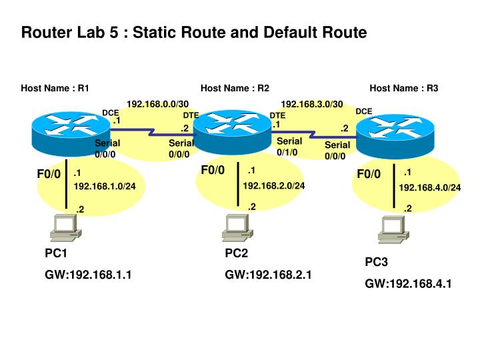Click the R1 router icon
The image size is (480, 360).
71,134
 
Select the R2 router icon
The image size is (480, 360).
233,132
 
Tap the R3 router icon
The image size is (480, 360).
395,137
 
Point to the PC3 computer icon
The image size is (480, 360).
394,229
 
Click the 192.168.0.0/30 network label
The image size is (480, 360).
157,104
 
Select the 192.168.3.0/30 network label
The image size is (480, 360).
312,104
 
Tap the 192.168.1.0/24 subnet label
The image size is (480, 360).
105,186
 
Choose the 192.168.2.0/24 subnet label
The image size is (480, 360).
274,185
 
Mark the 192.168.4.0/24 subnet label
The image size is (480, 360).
430,187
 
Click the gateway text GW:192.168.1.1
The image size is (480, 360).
88,275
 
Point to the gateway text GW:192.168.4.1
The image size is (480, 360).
409,284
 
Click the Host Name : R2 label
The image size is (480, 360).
235,88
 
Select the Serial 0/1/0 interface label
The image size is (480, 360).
289,147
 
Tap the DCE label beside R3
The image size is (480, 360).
364,111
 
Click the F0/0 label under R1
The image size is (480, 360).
49,174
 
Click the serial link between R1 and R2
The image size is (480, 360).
152,132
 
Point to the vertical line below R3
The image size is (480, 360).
394,186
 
